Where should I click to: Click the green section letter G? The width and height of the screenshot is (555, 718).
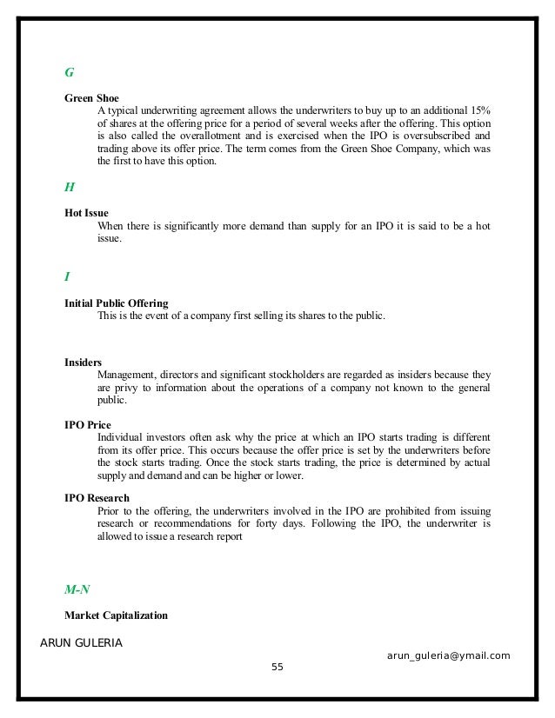tap(70, 70)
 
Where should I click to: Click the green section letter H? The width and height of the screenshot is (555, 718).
tap(70, 187)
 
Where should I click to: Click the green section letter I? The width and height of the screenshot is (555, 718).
tap(67, 276)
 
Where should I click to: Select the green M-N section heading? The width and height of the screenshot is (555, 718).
tap(77, 589)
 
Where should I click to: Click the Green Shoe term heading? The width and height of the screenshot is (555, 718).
tap(91, 97)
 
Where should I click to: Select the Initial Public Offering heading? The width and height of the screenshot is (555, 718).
tap(117, 303)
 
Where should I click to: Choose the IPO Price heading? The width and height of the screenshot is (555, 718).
tap(88, 425)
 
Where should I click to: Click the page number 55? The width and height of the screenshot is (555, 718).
tap(277, 667)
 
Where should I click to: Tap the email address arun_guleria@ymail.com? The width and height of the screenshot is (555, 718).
tap(448, 655)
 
